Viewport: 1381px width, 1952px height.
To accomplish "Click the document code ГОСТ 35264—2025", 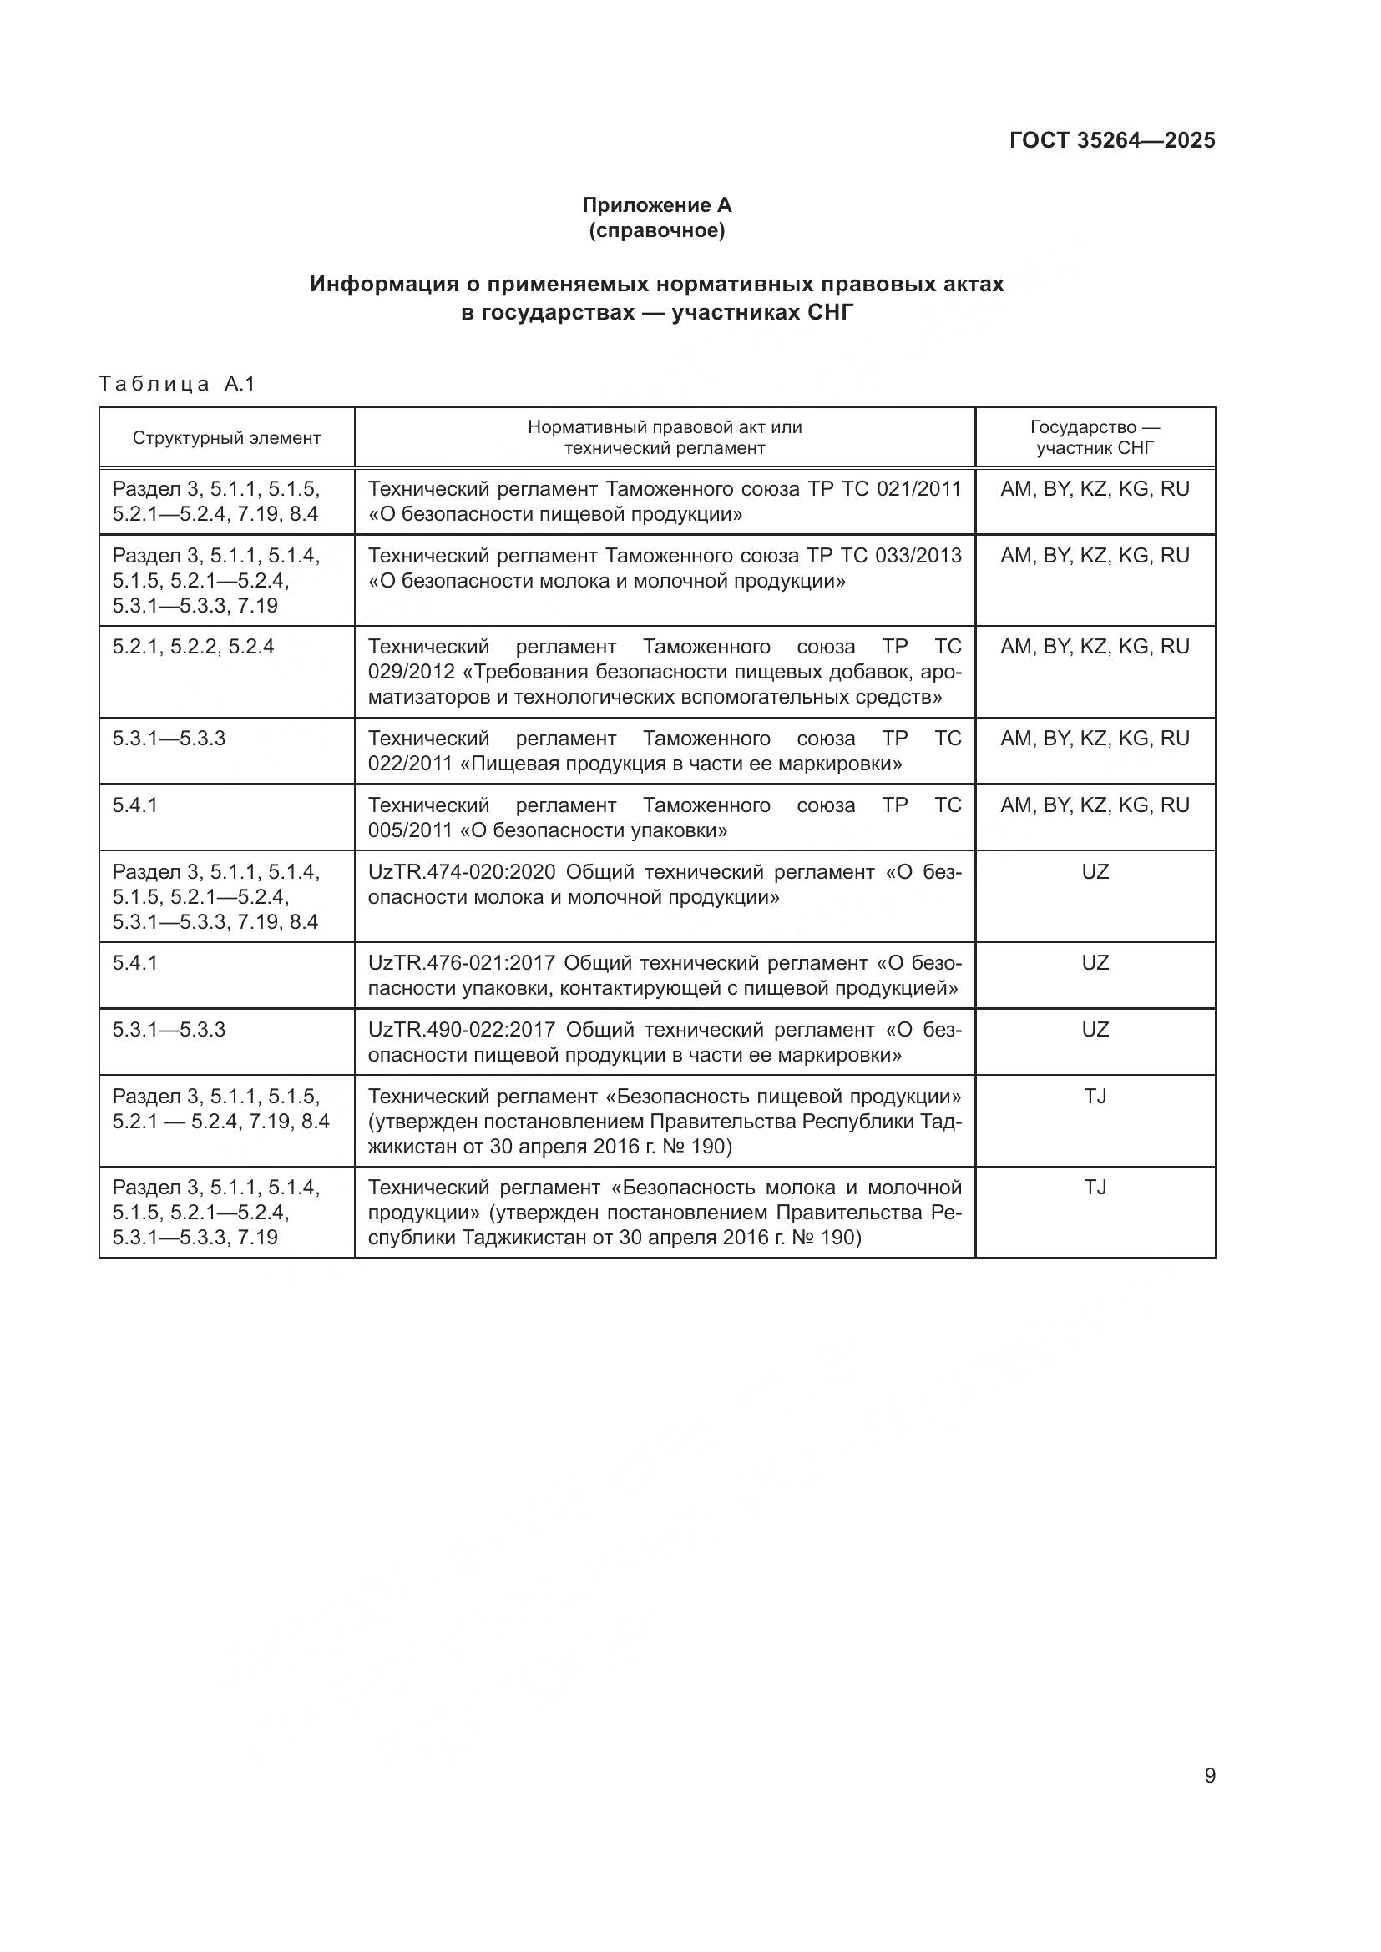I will pyautogui.click(x=1111, y=140).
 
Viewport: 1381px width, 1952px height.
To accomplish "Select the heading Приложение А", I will pyautogui.click(x=656, y=205).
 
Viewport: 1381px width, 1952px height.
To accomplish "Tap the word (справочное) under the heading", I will pyautogui.click(x=656, y=230).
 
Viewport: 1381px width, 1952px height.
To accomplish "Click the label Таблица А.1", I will pyautogui.click(x=177, y=384).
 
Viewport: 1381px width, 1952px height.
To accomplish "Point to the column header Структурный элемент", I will pyautogui.click(x=226, y=438).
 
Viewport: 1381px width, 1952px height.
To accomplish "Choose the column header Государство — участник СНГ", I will pyautogui.click(x=1095, y=437).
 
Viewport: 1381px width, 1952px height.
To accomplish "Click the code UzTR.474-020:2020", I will pyautogui.click(x=461, y=872).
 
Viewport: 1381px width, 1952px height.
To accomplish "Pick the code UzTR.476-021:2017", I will pyautogui.click(x=461, y=963).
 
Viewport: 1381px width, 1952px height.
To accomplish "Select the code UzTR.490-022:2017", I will pyautogui.click(x=461, y=1031).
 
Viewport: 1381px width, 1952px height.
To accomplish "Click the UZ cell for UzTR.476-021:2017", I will pyautogui.click(x=1095, y=963).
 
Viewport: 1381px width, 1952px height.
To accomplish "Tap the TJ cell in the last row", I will pyautogui.click(x=1095, y=1188).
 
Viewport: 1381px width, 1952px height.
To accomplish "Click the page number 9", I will pyautogui.click(x=1209, y=1776).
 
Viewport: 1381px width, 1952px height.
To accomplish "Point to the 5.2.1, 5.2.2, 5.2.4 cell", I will pyautogui.click(x=193, y=647).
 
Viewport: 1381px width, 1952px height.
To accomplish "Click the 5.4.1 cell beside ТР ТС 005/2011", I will pyautogui.click(x=135, y=805).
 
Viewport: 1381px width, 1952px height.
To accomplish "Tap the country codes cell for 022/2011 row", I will pyautogui.click(x=1095, y=739).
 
